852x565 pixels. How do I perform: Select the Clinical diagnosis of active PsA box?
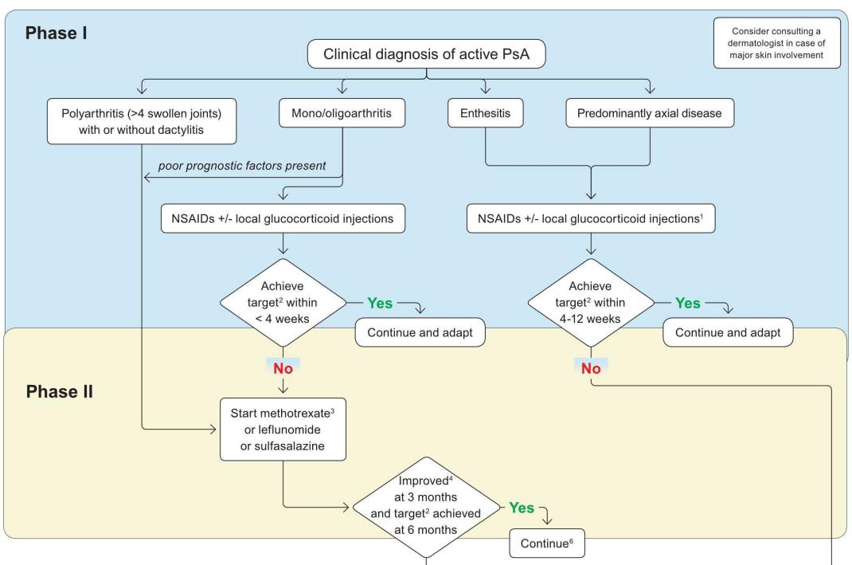point(427,55)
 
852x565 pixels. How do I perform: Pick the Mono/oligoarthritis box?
point(342,115)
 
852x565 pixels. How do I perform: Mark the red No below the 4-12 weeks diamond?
point(591,369)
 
